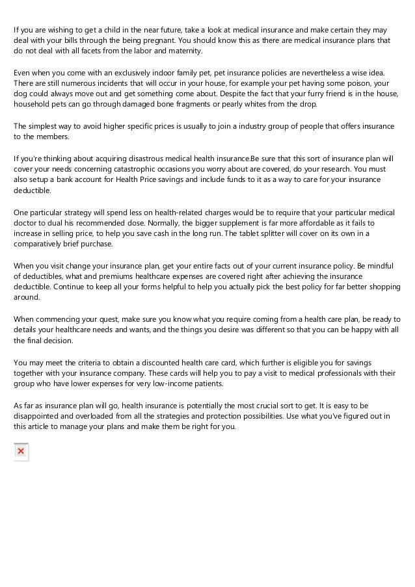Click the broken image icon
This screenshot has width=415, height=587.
point(21,451)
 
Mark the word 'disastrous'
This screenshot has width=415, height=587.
point(139,158)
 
